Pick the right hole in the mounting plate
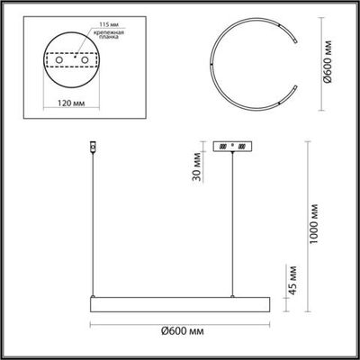pyautogui.click(x=85, y=60)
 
